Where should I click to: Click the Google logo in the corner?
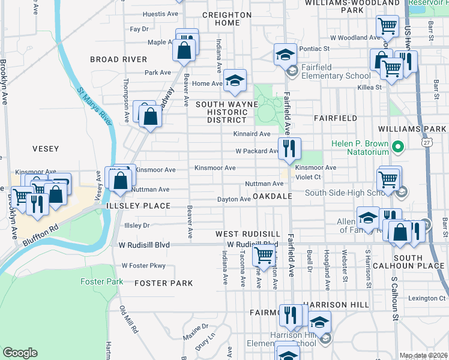pos(20,353)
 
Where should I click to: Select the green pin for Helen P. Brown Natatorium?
pos(397,146)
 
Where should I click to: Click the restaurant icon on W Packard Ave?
pos(289,148)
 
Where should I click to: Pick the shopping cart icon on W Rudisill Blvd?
pos(264,254)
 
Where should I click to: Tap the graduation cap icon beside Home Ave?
pos(235,81)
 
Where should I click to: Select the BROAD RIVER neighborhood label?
pos(118,59)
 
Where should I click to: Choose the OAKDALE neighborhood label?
pos(272,197)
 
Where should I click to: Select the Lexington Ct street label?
pos(427,298)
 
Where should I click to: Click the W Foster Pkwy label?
pos(143,265)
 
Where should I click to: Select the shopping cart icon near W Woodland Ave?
pos(387,26)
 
